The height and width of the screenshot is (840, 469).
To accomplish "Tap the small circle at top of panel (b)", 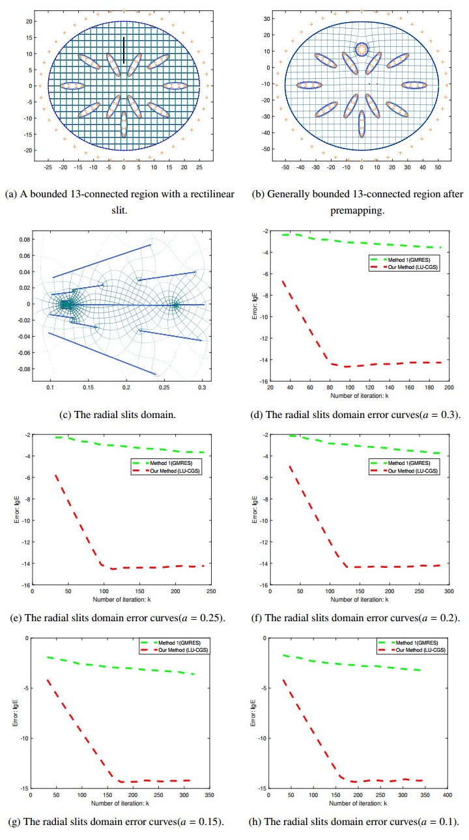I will pyautogui.click(x=362, y=49).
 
